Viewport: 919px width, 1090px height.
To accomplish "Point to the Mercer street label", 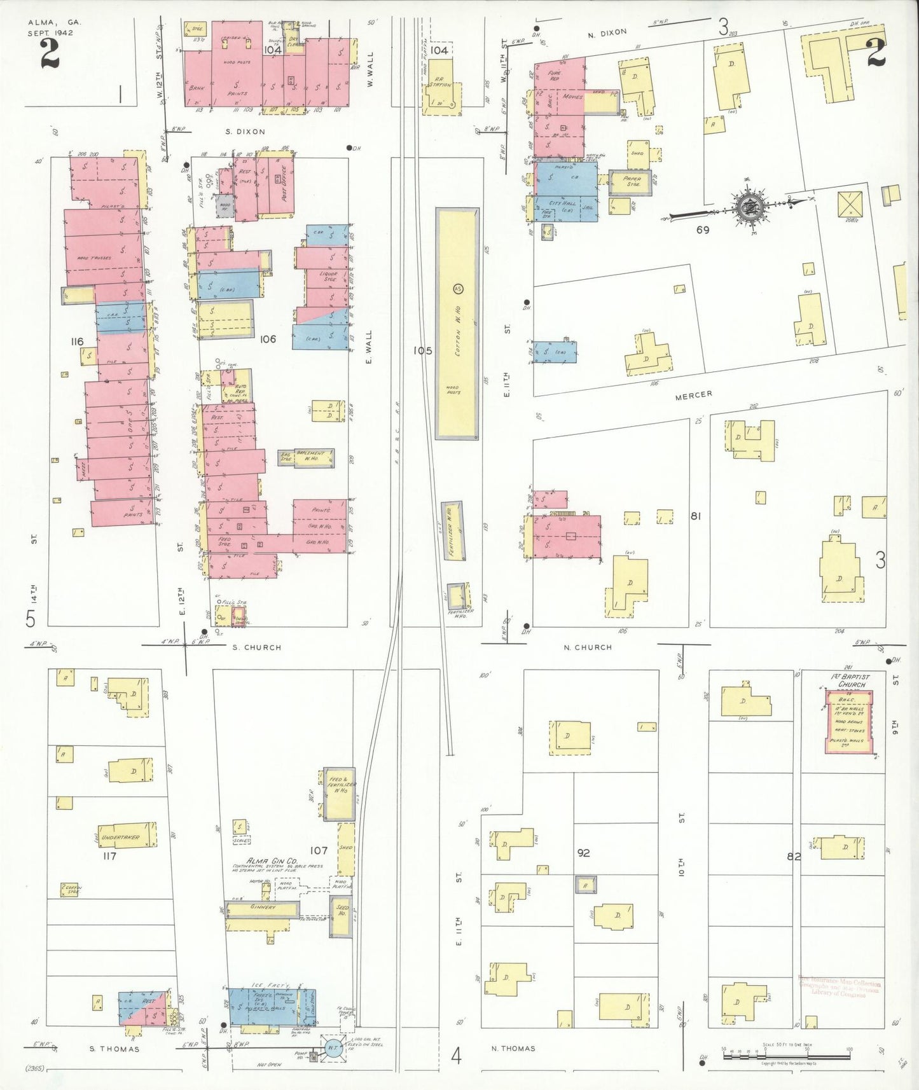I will click(x=693, y=395).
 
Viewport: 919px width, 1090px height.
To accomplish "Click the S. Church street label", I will click(x=254, y=647).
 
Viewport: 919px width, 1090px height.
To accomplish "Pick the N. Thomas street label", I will click(x=513, y=1049).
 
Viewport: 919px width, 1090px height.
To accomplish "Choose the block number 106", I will click(x=268, y=339).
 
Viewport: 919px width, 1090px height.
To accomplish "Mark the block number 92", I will click(x=583, y=853).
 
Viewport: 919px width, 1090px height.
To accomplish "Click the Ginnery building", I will click(x=262, y=908).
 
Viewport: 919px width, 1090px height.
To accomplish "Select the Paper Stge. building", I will click(x=630, y=183).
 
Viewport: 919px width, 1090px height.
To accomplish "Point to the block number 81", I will click(x=696, y=516).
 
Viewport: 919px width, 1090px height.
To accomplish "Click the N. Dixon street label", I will click(x=607, y=32).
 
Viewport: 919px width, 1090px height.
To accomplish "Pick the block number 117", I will click(x=109, y=856).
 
